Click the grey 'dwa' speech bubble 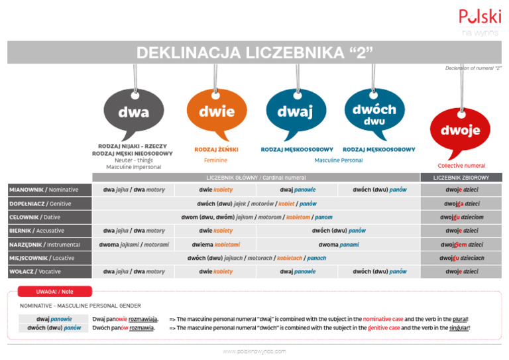[x=133, y=113]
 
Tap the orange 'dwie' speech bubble [x=216, y=112]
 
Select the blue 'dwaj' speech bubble [x=295, y=112]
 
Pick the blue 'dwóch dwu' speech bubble [x=374, y=112]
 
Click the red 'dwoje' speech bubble [x=461, y=131]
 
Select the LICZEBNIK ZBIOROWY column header [x=461, y=177]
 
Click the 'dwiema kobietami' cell [x=215, y=244]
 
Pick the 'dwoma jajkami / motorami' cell [x=134, y=244]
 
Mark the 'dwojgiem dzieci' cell [x=461, y=244]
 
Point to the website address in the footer [x=254, y=351]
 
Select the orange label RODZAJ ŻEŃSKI [x=216, y=149]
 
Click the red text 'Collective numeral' [x=461, y=166]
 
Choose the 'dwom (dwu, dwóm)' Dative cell [x=256, y=217]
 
